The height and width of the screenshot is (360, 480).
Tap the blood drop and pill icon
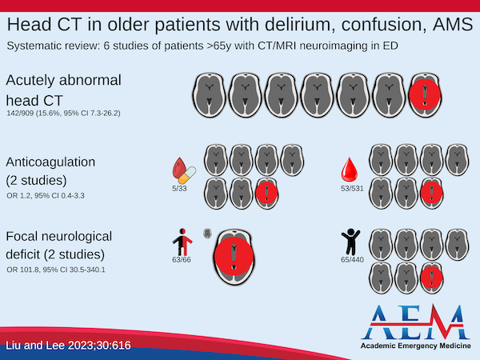pos(185,170)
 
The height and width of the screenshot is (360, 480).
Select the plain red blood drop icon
pos(350,170)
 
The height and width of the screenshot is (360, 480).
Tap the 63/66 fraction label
pos(182,259)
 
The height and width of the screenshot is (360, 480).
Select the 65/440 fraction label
pos(352,259)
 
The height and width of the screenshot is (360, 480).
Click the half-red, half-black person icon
pos(182,239)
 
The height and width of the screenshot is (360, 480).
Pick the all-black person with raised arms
pos(350,239)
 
